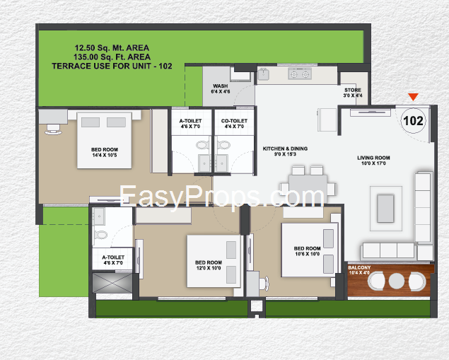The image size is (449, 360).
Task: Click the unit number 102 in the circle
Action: [x=413, y=121]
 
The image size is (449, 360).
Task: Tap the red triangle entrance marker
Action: [x=413, y=97]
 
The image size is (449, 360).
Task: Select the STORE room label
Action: [x=353, y=90]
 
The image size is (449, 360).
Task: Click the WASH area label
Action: [x=221, y=86]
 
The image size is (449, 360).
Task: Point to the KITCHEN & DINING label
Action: [x=285, y=149]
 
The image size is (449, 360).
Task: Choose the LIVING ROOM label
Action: [x=373, y=158]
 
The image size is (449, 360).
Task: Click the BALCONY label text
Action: [x=359, y=267]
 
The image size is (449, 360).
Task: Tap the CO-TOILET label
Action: [x=234, y=121]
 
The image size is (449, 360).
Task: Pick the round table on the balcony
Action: [x=397, y=281]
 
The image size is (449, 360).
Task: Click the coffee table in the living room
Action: [x=386, y=208]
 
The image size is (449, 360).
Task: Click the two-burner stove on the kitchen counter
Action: [x=300, y=74]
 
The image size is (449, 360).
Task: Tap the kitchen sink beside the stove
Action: [x=264, y=74]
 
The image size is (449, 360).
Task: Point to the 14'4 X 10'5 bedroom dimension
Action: [x=104, y=155]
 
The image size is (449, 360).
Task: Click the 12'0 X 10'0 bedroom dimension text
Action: [x=209, y=268]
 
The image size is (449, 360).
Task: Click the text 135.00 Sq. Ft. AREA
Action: [x=112, y=57]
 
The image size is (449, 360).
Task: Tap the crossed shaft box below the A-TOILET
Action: [x=112, y=283]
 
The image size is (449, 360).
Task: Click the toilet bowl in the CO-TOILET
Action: [x=223, y=144]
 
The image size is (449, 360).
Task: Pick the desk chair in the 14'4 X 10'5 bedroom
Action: [x=53, y=129]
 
